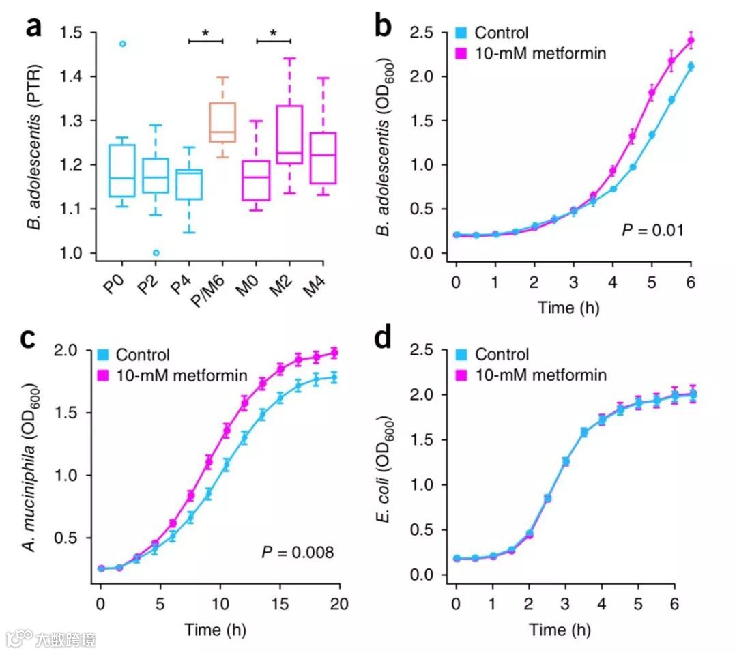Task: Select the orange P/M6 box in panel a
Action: (222, 123)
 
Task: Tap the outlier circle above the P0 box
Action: (123, 44)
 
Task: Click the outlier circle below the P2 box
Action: (156, 252)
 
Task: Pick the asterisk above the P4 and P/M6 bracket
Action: (205, 33)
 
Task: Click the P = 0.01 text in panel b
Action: (652, 231)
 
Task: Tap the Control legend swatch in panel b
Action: (461, 33)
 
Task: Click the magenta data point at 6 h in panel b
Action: (691, 40)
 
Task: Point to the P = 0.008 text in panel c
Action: (298, 552)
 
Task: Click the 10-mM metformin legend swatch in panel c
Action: (103, 374)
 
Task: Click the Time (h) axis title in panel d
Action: (564, 630)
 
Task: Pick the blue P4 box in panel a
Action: (189, 184)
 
